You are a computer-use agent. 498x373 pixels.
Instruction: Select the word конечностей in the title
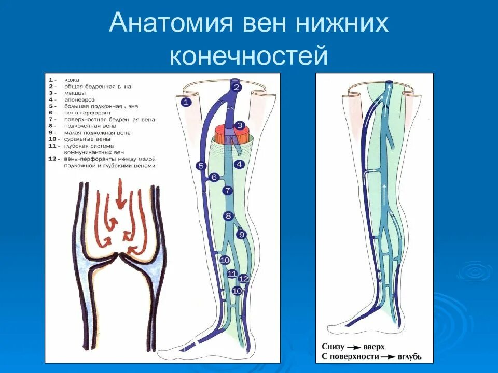[248, 55]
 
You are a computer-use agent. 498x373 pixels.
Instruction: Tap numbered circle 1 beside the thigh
[186, 102]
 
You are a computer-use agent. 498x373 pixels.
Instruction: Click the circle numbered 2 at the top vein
[237, 87]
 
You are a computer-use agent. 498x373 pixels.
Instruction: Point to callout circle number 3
[239, 125]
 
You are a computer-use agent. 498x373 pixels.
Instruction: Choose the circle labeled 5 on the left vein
[201, 166]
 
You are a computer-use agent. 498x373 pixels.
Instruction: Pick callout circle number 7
[227, 191]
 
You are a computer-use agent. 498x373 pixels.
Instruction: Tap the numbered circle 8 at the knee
[228, 216]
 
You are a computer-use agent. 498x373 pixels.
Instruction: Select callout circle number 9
[241, 235]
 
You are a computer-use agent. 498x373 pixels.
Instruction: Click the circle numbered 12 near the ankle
[244, 278]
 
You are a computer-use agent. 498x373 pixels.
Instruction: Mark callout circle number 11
[231, 274]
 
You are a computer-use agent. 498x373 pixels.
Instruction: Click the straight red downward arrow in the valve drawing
[120, 194]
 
